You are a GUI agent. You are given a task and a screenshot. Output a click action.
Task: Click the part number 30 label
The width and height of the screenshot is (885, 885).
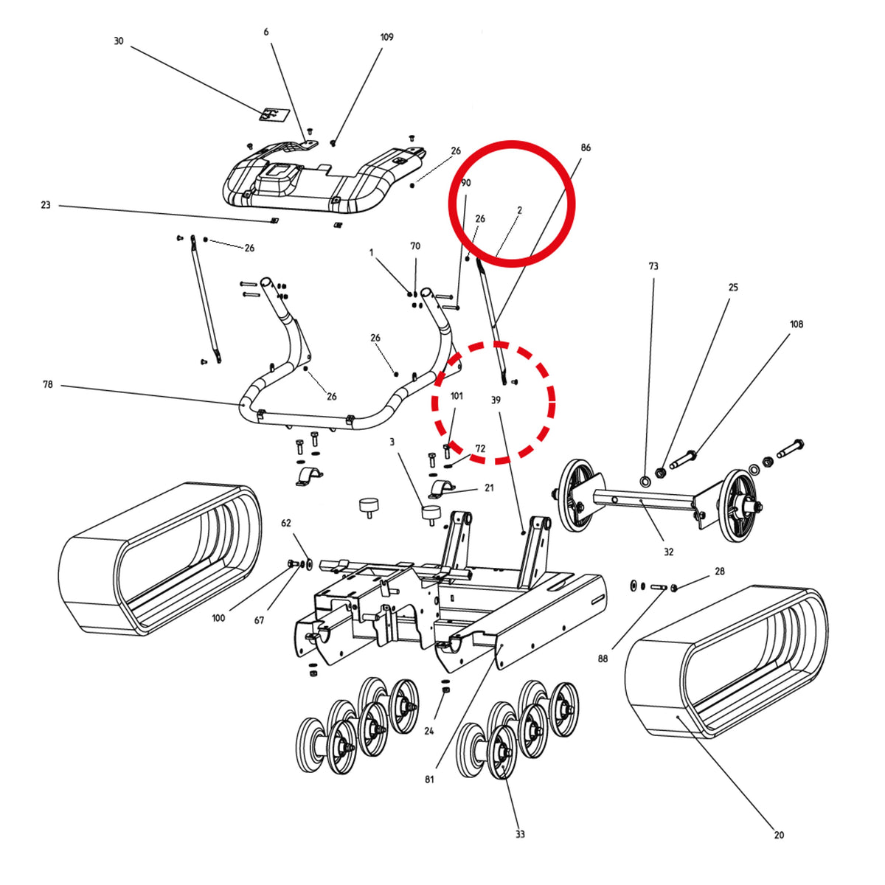tap(119, 41)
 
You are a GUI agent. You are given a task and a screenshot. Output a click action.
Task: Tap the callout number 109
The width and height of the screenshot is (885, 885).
tap(386, 37)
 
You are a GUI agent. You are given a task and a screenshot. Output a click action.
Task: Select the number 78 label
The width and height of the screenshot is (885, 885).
tap(48, 384)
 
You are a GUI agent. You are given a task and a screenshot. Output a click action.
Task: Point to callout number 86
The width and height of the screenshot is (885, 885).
tap(586, 147)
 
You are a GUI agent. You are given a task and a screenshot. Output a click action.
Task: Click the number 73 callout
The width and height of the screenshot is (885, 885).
tap(653, 266)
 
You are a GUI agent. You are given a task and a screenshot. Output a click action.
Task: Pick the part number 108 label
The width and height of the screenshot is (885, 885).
tap(796, 324)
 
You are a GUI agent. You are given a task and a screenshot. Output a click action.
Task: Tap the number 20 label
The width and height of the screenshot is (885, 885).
tap(779, 834)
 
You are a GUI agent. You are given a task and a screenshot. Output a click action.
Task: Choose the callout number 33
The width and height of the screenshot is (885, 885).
tap(519, 833)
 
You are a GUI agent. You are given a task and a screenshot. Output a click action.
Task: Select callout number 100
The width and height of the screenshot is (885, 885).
tap(218, 618)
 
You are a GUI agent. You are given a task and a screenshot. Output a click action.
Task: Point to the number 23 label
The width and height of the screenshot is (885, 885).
tap(46, 205)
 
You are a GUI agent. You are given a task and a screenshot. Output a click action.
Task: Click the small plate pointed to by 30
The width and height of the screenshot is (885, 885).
tap(274, 115)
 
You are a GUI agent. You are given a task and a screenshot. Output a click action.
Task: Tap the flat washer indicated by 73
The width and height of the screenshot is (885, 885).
tap(645, 482)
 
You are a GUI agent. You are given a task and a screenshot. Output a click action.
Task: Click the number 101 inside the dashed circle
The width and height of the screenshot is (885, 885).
tap(457, 396)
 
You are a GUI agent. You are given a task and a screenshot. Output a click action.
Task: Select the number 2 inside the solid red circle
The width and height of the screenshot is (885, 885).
tap(519, 210)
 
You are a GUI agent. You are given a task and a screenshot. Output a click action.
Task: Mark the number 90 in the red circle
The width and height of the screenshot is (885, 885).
tap(465, 183)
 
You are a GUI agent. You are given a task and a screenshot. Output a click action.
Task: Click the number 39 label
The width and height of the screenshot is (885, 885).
tap(496, 400)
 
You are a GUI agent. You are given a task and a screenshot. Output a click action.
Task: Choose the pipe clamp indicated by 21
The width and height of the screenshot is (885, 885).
tap(441, 490)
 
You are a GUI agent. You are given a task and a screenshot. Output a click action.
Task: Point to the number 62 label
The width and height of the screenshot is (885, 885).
tap(285, 523)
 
